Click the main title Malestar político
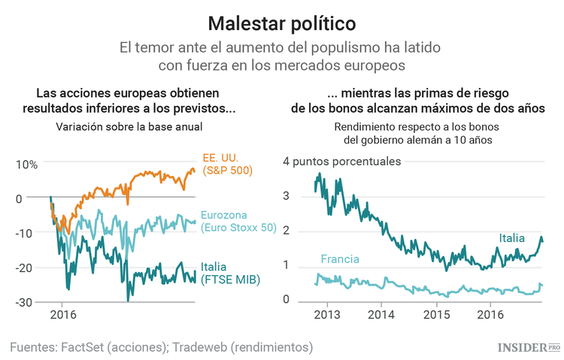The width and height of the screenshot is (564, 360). (x=282, y=22)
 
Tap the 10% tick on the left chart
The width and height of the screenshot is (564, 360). (x=28, y=165)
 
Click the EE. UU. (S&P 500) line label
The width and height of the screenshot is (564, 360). (x=227, y=164)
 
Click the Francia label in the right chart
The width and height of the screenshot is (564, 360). (x=339, y=259)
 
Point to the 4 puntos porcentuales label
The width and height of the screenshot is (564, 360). (x=342, y=161)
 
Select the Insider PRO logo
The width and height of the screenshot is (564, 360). (x=529, y=346)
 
